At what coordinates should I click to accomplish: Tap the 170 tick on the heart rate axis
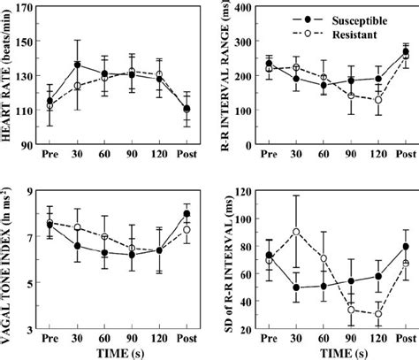coord(27,8)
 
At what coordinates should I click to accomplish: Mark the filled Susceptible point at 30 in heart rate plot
coord(77,65)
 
